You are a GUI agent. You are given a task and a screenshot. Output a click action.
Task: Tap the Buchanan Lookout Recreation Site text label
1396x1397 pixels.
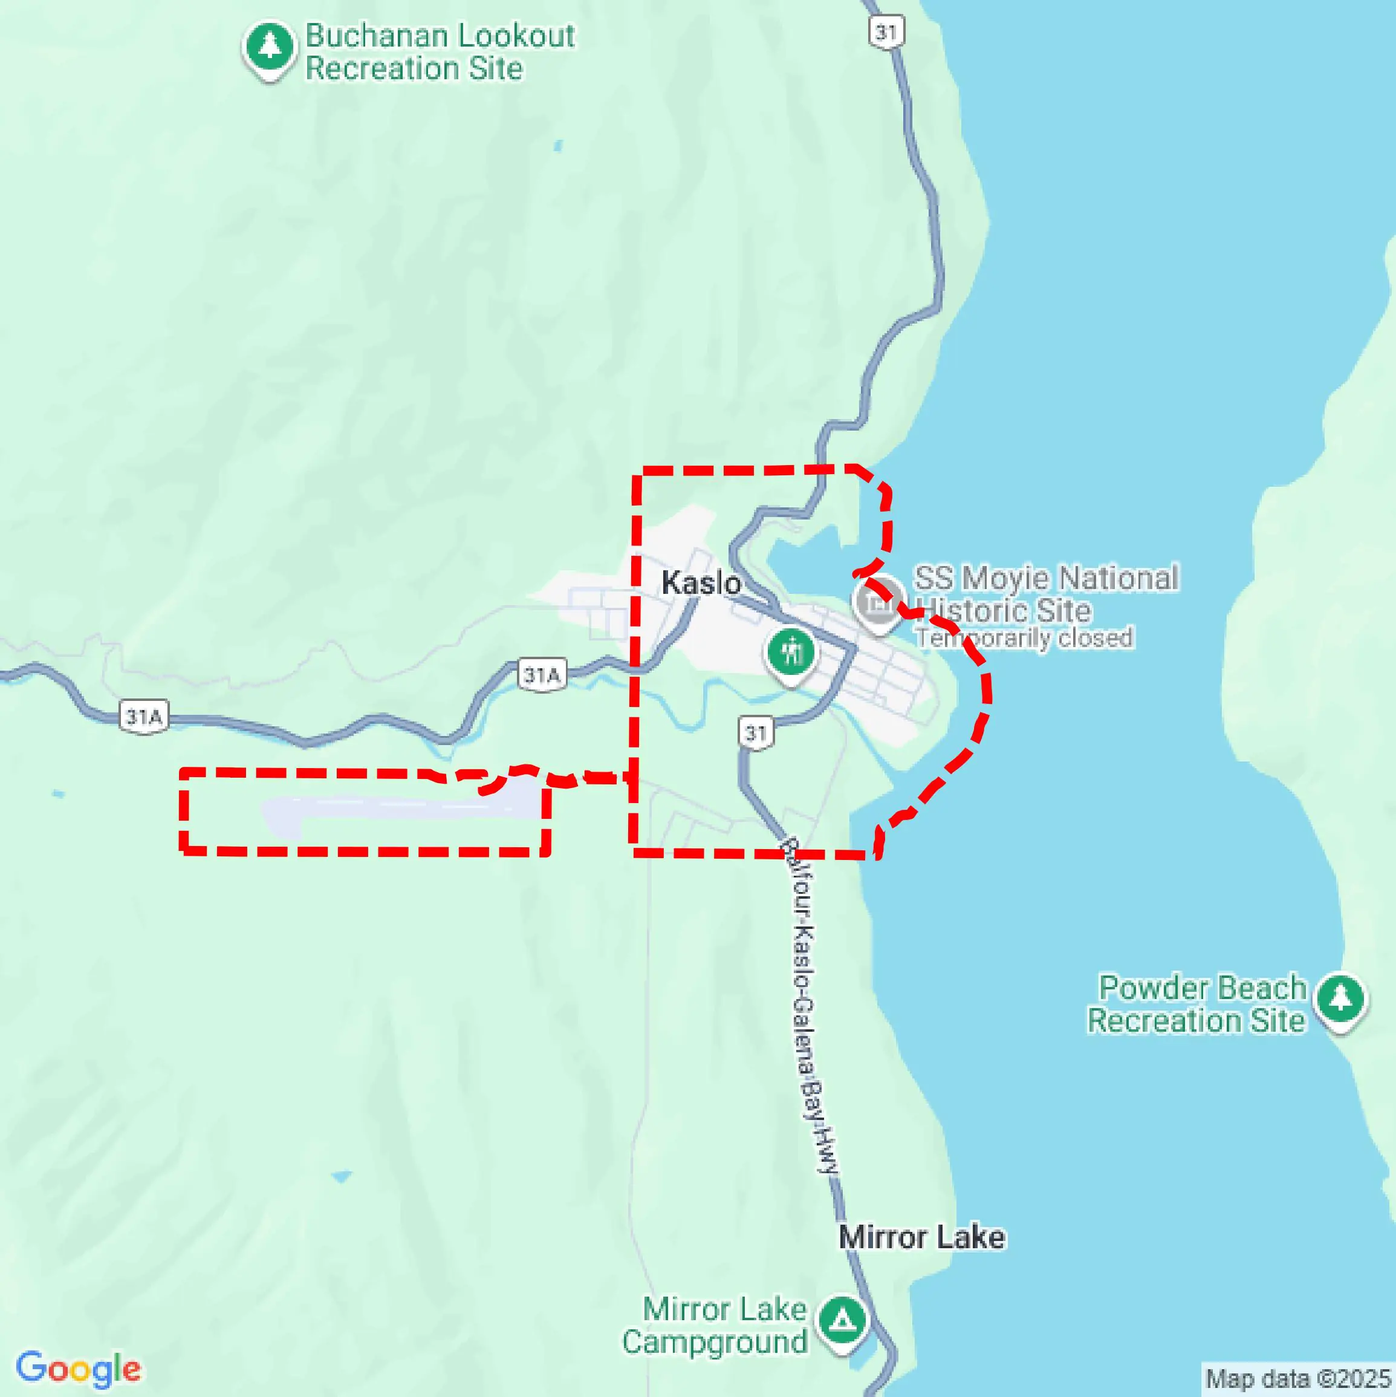click(440, 52)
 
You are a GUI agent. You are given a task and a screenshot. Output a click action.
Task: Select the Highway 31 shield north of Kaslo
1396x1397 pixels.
click(886, 32)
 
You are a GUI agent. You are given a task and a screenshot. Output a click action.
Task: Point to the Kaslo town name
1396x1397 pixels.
click(701, 583)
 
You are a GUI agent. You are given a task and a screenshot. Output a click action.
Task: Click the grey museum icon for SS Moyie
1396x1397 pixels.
click(878, 602)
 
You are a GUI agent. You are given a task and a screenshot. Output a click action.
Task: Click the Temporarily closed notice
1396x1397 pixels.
click(1024, 638)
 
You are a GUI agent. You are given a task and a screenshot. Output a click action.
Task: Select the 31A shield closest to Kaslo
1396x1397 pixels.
click(542, 675)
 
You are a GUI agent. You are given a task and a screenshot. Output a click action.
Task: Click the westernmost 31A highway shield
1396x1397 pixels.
click(144, 717)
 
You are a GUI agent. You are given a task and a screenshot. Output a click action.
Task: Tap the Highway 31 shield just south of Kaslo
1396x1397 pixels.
click(756, 733)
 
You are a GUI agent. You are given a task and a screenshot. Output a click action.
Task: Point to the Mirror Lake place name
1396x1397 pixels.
click(921, 1237)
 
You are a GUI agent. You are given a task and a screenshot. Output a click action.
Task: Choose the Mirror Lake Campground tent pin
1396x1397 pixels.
click(841, 1320)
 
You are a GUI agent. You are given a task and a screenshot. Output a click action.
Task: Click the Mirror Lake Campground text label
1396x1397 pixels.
click(716, 1326)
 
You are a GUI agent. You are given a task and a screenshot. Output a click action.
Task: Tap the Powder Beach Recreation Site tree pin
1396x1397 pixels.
click(1341, 998)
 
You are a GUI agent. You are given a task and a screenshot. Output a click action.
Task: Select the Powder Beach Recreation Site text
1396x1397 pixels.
click(1198, 1004)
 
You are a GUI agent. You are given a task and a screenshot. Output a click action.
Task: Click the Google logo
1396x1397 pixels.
click(78, 1369)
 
